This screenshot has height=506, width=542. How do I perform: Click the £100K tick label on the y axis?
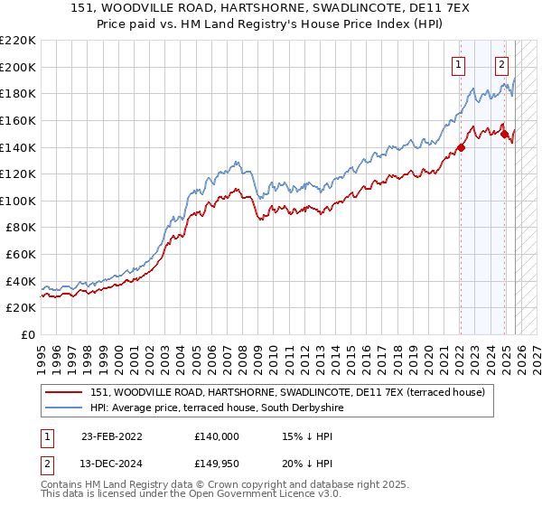pos(18,201)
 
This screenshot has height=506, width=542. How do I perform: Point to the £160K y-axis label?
pos(18,120)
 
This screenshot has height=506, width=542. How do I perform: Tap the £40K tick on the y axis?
pos(21,281)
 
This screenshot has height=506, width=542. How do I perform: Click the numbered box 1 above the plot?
pos(459,64)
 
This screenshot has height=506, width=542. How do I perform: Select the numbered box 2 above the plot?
pos(501,64)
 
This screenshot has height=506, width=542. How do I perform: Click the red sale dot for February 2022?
pos(461,147)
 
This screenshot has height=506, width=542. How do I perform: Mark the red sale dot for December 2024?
pos(504,134)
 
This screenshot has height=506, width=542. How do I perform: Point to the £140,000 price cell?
pos(216,436)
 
